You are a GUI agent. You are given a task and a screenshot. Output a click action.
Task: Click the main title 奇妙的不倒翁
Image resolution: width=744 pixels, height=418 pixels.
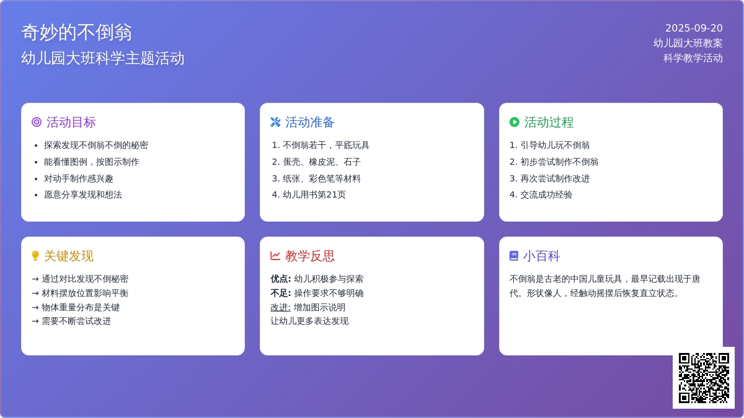[77, 32]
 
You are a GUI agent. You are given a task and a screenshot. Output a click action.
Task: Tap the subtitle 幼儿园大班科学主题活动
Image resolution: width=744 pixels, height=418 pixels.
[103, 58]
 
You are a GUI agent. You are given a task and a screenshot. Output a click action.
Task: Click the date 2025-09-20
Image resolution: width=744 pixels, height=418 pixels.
[694, 28]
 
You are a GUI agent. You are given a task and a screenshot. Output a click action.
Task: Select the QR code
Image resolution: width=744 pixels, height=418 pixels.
[704, 378]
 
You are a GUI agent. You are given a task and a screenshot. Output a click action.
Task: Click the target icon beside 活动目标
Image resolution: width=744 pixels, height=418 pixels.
[37, 122]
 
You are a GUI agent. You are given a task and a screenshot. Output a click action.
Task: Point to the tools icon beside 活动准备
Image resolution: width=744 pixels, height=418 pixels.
[275, 122]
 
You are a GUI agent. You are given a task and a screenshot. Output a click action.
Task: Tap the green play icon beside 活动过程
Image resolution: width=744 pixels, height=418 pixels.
[515, 122]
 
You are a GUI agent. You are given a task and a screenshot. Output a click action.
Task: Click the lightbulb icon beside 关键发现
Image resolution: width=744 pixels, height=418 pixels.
[35, 256]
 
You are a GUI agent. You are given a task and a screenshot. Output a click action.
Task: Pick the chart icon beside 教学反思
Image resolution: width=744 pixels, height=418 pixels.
[275, 256]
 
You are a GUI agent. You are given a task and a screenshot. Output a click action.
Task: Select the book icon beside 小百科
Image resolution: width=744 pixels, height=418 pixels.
[514, 256]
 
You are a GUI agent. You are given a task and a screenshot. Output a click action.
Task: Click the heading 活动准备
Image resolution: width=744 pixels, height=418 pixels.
[310, 122]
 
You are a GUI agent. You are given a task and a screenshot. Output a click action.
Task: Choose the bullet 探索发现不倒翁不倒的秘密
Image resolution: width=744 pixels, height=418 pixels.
[96, 145]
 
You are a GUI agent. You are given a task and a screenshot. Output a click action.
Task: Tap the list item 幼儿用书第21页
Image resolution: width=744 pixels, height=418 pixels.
[314, 194]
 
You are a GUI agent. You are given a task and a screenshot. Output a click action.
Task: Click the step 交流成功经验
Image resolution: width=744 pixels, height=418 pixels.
[546, 194]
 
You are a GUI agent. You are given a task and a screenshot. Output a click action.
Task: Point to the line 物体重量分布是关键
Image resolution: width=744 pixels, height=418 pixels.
[81, 307]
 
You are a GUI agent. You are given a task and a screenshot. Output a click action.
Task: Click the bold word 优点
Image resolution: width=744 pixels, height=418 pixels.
[280, 279]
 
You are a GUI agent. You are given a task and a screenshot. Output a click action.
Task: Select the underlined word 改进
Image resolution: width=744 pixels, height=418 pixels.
[280, 307]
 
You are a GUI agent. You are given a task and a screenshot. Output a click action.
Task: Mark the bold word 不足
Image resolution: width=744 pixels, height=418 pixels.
[280, 293]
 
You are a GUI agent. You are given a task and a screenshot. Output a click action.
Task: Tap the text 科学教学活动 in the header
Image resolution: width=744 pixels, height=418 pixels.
[693, 58]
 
